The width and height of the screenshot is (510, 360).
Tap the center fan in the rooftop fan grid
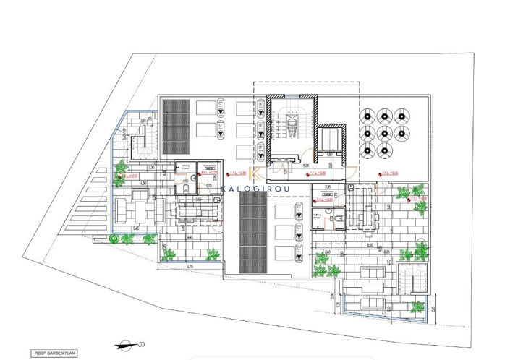tap(383, 132)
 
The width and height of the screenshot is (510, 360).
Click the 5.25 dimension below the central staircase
tap(286, 165)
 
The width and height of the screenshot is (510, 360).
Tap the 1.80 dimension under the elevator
tap(329, 154)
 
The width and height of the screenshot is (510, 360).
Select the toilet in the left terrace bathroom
tap(184, 188)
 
